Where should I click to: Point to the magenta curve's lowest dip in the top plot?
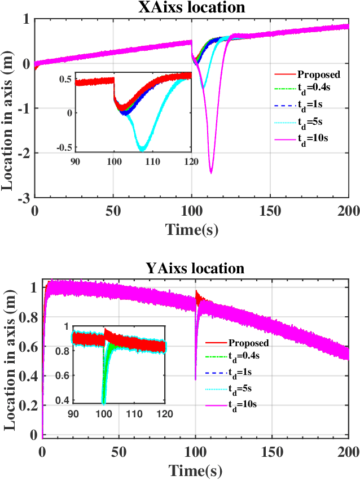click(x=211, y=172)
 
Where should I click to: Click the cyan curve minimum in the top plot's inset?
click(x=142, y=149)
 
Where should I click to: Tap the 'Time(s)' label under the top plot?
click(x=191, y=228)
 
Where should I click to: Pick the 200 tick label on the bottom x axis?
click(x=348, y=452)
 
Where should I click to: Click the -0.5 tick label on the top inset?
click(x=64, y=148)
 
